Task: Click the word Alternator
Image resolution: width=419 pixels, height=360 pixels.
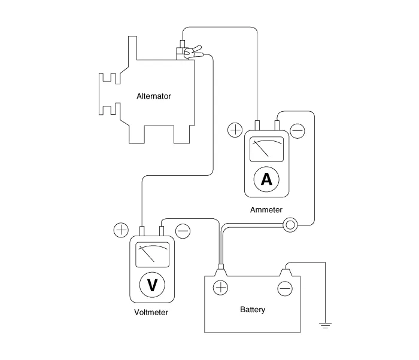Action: pos(154,96)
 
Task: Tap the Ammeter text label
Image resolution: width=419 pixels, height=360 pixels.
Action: pos(266,210)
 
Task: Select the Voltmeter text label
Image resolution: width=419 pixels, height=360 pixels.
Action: pos(151,312)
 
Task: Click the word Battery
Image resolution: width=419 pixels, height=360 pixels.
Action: pos(253,310)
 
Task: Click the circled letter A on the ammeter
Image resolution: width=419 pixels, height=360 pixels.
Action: pos(267,178)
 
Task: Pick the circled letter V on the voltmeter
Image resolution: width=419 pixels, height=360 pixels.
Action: pos(152,285)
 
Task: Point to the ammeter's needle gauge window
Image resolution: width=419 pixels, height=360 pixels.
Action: pos(267,149)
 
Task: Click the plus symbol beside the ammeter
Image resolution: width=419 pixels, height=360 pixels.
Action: pos(235,130)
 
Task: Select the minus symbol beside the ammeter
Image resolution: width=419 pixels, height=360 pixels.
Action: pos(297,130)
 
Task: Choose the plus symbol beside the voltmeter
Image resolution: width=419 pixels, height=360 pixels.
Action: pos(121,230)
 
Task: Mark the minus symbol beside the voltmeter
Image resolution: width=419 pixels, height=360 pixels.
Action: pos(183,230)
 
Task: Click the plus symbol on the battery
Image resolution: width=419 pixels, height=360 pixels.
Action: pos(221,288)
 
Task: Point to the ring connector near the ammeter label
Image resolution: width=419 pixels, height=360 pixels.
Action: pos(291,225)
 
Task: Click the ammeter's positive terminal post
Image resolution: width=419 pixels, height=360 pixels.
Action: pos(257,125)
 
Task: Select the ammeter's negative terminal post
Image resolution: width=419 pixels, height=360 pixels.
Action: pos(277,125)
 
